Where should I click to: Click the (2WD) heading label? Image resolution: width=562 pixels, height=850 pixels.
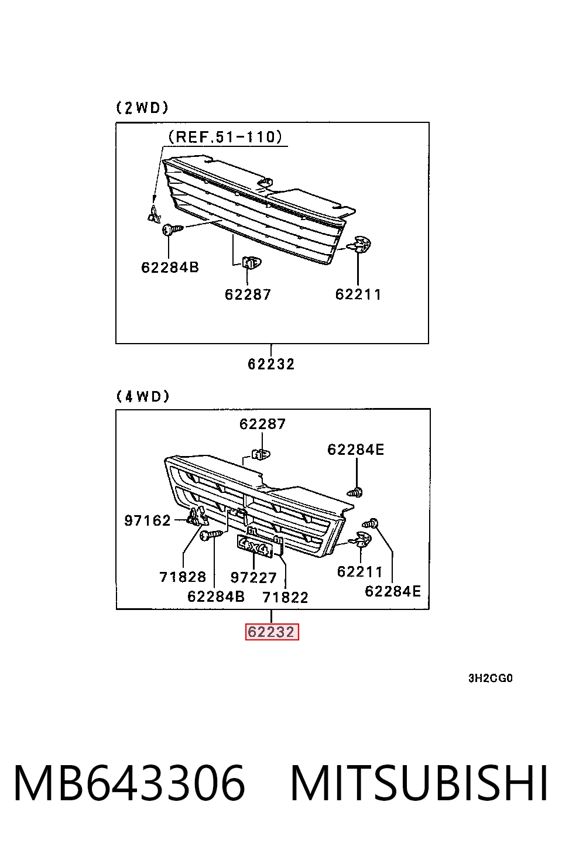pos(142,108)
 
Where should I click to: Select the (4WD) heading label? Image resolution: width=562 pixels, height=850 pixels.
pos(143,396)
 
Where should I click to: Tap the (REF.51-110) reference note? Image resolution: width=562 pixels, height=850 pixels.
pos(225,137)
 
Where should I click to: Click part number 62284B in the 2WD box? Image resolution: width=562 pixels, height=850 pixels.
pos(170,268)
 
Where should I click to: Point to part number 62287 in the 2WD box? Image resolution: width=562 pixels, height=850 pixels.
pos(248,294)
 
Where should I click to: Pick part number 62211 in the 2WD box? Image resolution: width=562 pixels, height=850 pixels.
pos(358,294)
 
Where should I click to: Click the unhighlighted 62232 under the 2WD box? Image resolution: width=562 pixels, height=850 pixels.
pos(271,364)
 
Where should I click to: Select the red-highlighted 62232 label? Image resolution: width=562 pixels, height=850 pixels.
pos(272,632)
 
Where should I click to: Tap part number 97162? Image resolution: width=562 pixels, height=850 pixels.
pos(148,520)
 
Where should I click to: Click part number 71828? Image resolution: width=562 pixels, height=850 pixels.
pos(183,577)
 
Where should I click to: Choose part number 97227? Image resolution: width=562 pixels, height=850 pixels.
pos(253,578)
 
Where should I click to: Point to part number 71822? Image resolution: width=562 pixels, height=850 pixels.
pos(285,598)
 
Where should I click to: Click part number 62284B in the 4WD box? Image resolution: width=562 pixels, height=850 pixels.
pos(216,597)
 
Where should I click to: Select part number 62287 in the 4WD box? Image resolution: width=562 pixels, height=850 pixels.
pos(262,424)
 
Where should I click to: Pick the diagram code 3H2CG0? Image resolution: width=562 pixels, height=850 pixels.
pos(490,678)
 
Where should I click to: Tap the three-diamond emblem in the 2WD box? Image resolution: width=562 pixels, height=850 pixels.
pos(154,214)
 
